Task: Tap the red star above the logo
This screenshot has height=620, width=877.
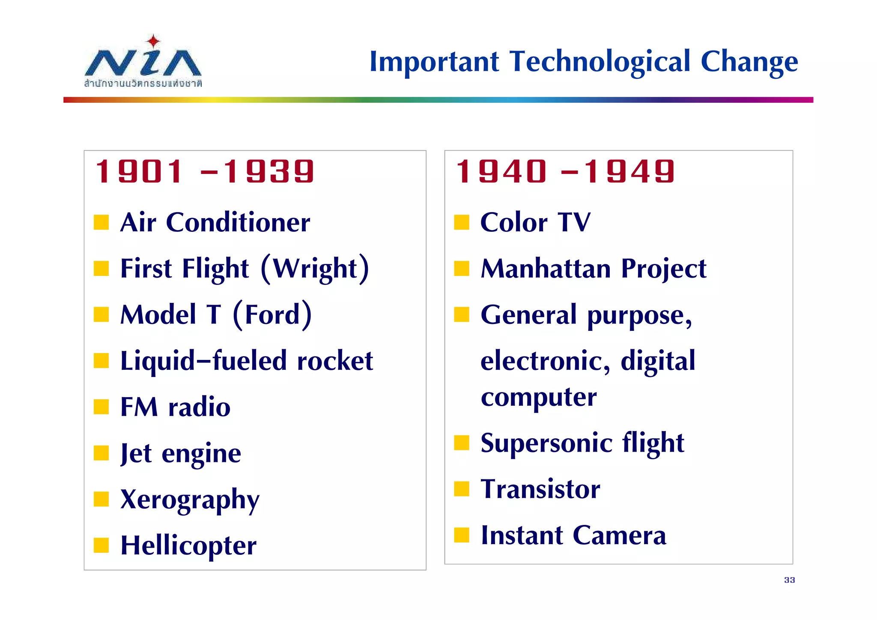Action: point(153,42)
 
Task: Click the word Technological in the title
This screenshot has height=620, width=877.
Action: point(600,62)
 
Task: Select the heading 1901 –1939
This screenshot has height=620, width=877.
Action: point(205,172)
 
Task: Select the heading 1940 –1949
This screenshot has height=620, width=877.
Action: point(565,172)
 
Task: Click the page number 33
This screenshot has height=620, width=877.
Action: point(789,580)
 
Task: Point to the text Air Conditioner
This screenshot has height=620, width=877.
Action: point(215,223)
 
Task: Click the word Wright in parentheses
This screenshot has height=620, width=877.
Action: point(315,269)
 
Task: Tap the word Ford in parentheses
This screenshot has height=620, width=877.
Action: point(272,315)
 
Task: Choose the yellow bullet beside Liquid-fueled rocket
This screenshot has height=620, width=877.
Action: point(101,361)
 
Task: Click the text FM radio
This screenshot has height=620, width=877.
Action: point(176,407)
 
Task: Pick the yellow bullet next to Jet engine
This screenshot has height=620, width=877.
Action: point(101,453)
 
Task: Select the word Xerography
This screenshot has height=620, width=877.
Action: point(190,500)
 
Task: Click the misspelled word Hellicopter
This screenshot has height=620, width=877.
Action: point(188,546)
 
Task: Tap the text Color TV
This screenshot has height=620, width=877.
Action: point(535,223)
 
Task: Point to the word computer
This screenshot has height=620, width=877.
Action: point(538,398)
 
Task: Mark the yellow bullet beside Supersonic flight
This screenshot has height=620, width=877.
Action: point(462,443)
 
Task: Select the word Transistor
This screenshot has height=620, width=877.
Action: point(540,489)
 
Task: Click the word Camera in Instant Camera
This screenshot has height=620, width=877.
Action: point(619,536)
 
